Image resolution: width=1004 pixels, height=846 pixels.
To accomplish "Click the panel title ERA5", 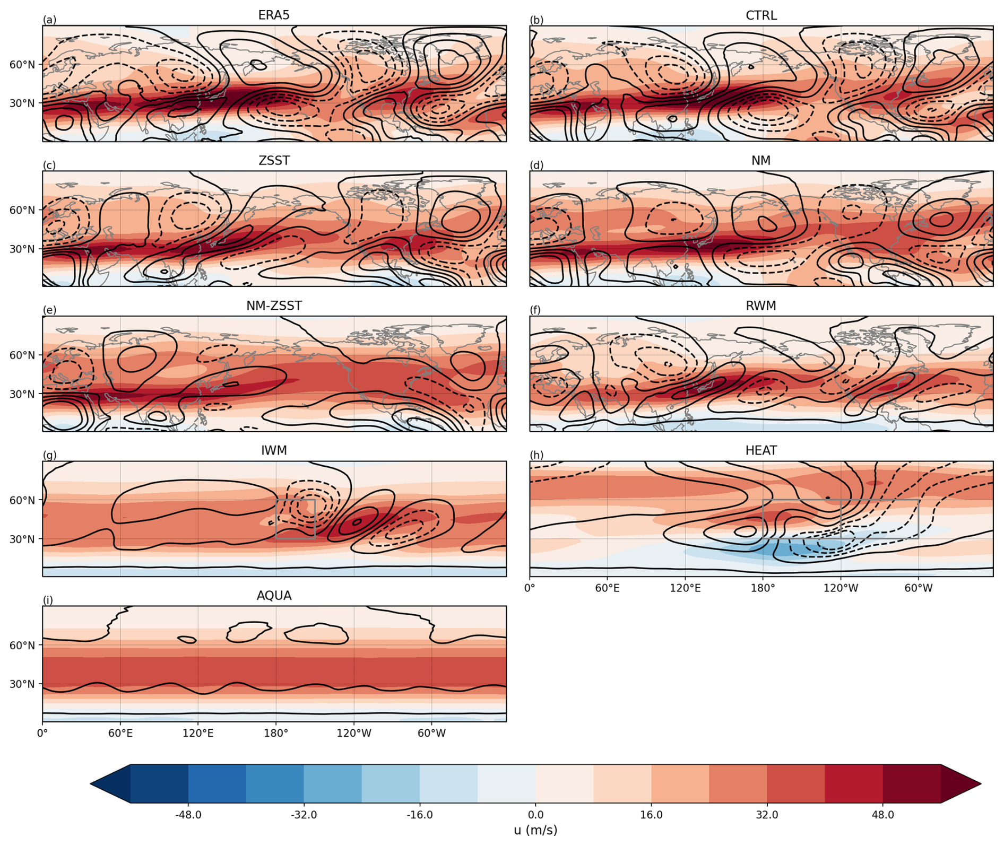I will (274, 15).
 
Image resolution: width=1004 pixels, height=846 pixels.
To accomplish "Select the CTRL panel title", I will (761, 15).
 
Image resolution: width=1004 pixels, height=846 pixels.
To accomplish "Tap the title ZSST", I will (274, 161).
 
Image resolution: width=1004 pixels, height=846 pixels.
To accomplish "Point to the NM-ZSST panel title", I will (274, 306).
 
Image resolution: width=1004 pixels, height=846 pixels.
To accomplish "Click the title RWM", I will (761, 306).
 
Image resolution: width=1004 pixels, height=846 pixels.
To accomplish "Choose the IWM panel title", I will (274, 451).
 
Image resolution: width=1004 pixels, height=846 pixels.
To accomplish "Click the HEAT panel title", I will (761, 451).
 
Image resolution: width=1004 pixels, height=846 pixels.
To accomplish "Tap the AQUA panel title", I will (274, 596).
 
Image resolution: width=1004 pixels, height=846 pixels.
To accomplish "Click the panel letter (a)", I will (49, 20).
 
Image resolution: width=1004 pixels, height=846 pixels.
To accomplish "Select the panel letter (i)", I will (48, 600).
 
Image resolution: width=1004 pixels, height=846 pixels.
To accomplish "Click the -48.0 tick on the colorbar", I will (188, 815).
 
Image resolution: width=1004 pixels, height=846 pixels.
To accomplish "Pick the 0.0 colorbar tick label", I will (535, 815).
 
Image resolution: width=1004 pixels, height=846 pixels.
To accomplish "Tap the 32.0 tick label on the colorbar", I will (767, 815).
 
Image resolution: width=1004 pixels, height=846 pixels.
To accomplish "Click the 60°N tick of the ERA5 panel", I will (22, 65).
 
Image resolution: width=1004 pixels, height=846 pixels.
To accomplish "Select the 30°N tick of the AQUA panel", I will (22, 684).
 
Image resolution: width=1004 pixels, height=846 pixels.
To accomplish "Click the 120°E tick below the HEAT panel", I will (685, 588).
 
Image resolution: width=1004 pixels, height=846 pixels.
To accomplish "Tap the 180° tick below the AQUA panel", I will (276, 733).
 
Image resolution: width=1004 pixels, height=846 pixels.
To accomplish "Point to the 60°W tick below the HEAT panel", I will (919, 588).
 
